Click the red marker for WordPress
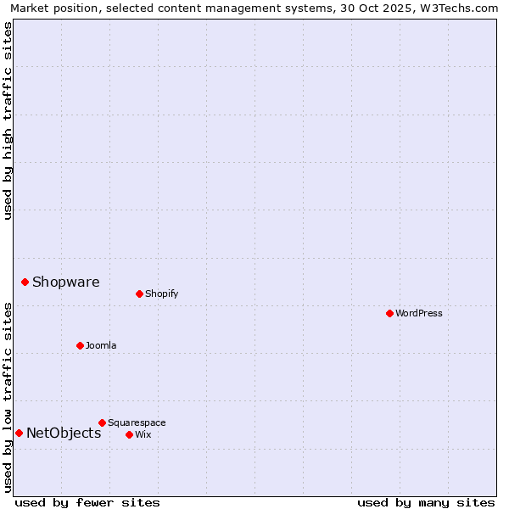point(389,313)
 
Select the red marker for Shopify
point(139,294)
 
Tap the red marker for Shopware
point(25,282)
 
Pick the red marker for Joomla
point(80,345)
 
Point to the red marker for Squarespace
point(102,422)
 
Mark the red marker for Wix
point(129,434)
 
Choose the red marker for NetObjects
point(19,433)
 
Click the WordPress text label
point(419,313)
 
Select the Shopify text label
point(161,294)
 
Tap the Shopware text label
point(65,282)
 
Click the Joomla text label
point(101,345)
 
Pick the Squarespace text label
point(137,422)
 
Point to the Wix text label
point(143,434)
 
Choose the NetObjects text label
point(64,433)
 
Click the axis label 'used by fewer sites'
point(87,502)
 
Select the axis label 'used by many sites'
point(426,502)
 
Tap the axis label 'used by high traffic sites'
point(8,120)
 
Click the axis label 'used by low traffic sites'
point(8,397)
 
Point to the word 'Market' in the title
point(30,8)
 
